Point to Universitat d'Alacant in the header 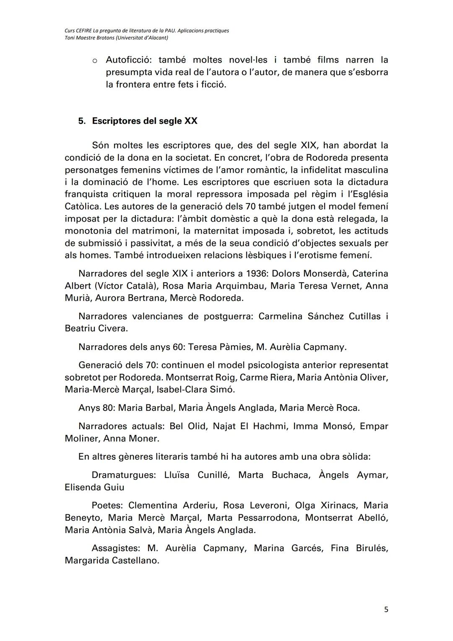(141, 38)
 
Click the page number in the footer (386, 610)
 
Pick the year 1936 (257, 274)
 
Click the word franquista (86, 194)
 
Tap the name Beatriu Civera (96, 328)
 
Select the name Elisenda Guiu (94, 487)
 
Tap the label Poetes (107, 505)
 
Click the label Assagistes (116, 548)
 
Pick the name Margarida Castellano (112, 560)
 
